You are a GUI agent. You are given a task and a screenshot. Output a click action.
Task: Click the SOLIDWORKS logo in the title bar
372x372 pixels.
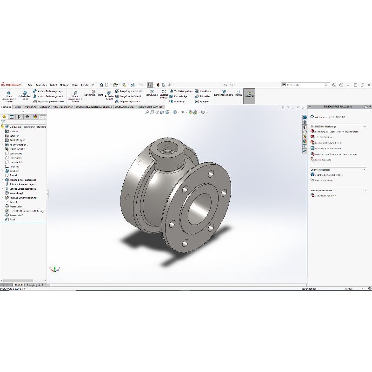click(x=10, y=85)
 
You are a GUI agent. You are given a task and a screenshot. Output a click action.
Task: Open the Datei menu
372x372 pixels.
click(x=30, y=85)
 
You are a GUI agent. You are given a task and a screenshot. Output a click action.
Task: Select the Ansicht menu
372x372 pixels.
click(x=53, y=85)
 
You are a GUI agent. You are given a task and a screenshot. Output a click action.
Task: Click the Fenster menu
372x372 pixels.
click(x=85, y=85)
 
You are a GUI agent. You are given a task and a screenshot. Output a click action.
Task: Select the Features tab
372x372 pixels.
click(x=7, y=106)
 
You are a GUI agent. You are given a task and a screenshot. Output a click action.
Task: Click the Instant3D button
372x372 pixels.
click(x=249, y=95)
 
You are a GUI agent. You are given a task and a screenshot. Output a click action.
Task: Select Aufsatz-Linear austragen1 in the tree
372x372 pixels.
click(x=23, y=179)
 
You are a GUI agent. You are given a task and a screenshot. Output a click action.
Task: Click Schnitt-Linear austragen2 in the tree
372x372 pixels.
click(x=23, y=188)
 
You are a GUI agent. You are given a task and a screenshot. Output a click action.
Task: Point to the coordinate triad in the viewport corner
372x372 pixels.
click(x=55, y=269)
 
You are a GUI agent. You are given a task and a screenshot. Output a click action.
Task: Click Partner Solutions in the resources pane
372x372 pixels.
click(x=324, y=180)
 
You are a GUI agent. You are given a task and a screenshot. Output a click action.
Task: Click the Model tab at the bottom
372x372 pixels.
click(x=19, y=284)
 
